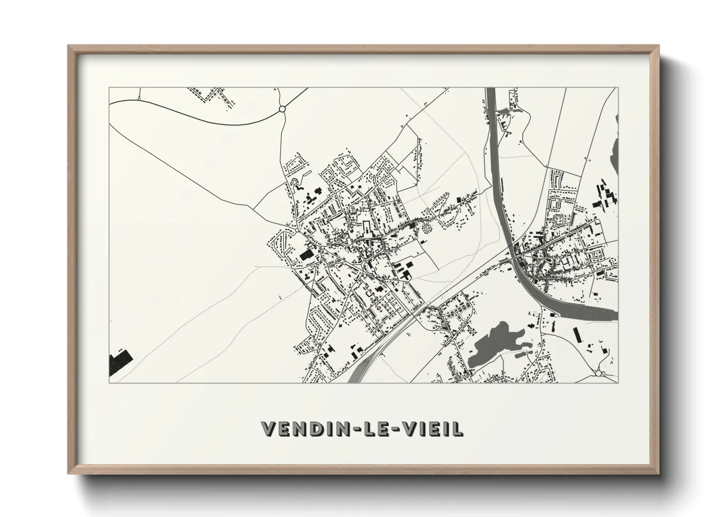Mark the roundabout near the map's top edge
click(282, 109)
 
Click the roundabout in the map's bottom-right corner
click(599, 374)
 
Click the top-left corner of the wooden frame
click(68, 46)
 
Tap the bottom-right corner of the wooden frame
click(659, 474)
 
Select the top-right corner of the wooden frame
click(659, 46)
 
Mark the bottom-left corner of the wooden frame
click(68, 474)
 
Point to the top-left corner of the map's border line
click(109, 88)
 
